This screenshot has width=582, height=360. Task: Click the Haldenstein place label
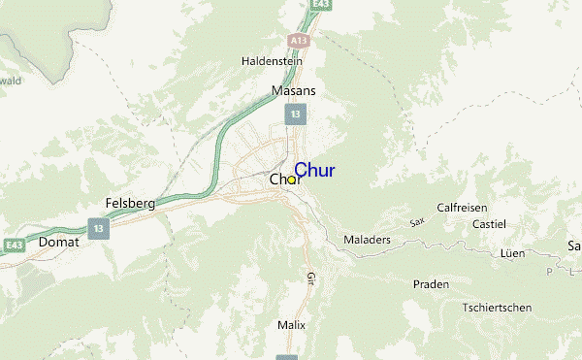[272, 61]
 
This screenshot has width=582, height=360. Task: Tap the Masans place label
[293, 90]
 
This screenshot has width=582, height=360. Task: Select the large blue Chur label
[314, 171]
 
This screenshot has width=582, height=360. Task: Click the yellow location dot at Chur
[291, 180]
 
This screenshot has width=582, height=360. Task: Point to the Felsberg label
[130, 204]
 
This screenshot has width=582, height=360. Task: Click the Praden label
[431, 284]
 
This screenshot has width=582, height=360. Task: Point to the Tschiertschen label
[497, 308]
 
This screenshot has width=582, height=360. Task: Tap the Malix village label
[291, 325]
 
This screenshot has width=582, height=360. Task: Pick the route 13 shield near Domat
[97, 229]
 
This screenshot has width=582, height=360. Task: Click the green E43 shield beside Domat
[13, 245]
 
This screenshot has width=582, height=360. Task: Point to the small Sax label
[417, 222]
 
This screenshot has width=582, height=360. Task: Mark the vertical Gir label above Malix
[311, 278]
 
